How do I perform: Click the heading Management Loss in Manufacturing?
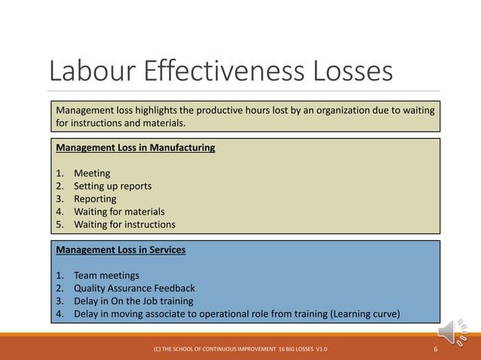(136, 148)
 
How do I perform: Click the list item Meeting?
(92, 173)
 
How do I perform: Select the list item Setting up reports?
(112, 186)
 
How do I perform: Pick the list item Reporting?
(95, 199)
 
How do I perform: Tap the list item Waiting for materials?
(119, 212)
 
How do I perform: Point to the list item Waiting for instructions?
(124, 224)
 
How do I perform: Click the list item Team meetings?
(106, 275)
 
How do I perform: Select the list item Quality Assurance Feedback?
(134, 288)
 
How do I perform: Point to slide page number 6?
(436, 350)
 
